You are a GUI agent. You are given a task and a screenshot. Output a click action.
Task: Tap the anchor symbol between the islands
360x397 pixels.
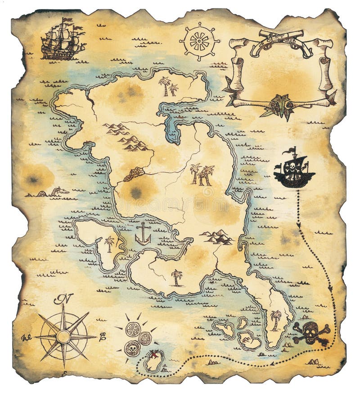(x=143, y=233)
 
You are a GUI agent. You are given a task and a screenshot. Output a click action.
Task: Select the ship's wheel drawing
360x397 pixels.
(x=199, y=41)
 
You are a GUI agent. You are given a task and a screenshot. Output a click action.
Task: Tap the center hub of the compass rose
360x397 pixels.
(x=64, y=335)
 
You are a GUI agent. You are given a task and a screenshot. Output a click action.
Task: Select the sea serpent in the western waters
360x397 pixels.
(x=52, y=192)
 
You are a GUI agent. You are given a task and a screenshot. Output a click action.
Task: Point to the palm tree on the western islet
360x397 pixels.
(x=109, y=243)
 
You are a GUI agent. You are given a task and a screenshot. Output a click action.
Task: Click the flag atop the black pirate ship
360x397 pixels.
(x=293, y=150)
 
